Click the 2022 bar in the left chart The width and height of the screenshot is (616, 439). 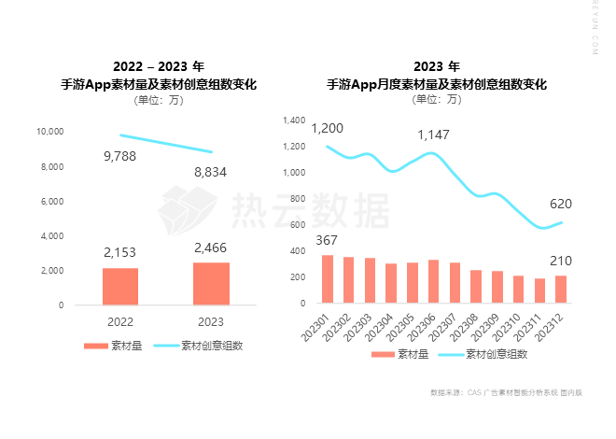click(x=120, y=286)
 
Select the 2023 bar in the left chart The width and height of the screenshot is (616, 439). click(x=211, y=283)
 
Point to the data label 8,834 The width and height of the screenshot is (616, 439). click(x=211, y=172)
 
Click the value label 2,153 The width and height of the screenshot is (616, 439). click(x=120, y=252)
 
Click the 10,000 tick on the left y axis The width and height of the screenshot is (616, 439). click(x=49, y=132)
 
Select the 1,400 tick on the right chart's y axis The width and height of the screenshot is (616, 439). click(x=294, y=120)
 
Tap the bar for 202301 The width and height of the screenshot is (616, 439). click(x=328, y=278)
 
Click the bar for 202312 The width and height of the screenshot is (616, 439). click(x=561, y=289)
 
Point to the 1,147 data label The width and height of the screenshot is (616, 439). click(x=433, y=135)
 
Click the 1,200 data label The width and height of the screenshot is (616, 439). click(x=328, y=128)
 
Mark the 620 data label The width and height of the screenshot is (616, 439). click(x=561, y=204)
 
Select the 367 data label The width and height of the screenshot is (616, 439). click(x=328, y=240)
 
